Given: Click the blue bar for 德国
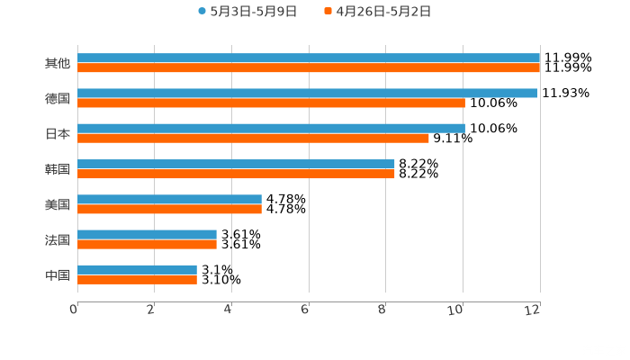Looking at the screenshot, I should click(307, 94).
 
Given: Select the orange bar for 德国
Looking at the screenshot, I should click(271, 103).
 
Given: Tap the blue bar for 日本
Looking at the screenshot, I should click(271, 129).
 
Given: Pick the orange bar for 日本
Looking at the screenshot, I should click(253, 139).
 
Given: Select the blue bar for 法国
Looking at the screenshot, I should click(147, 234).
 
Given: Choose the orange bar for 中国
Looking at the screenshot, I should click(137, 279).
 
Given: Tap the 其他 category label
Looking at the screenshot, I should click(58, 64).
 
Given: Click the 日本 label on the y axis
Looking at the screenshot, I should click(58, 134).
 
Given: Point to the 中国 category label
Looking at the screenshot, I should click(58, 274).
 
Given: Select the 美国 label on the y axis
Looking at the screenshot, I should click(58, 204).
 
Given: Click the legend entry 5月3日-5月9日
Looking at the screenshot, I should click(253, 12).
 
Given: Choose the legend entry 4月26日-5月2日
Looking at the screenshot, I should click(383, 12).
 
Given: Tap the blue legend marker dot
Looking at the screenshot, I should click(202, 12).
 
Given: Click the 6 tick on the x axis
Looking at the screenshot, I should click(306, 310).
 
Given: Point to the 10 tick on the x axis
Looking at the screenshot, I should click(460, 310).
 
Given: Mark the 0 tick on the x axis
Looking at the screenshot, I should click(74, 310).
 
